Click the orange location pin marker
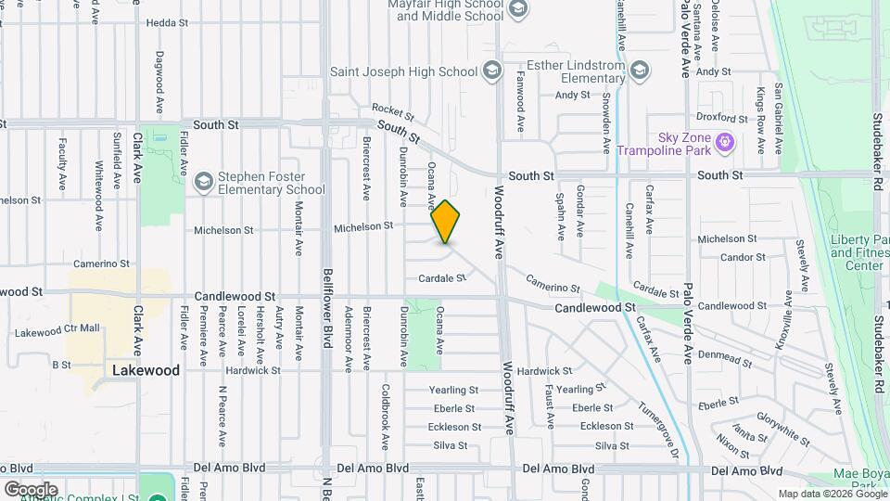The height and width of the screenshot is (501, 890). [446, 222]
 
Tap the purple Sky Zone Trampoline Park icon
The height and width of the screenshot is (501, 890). [725, 143]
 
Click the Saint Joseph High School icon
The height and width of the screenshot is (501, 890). [491, 71]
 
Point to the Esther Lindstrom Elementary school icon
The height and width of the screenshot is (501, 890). [640, 71]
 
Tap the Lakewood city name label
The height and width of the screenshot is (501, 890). [146, 369]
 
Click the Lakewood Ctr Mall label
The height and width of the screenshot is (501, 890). [57, 329]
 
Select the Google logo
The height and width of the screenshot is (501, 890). [31, 489]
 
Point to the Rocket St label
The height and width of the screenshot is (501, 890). [391, 109]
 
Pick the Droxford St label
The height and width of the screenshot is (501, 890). [721, 118]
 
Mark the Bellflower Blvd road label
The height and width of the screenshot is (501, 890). [327, 297]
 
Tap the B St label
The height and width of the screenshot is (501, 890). [61, 366]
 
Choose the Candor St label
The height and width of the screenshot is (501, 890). [736, 257]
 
